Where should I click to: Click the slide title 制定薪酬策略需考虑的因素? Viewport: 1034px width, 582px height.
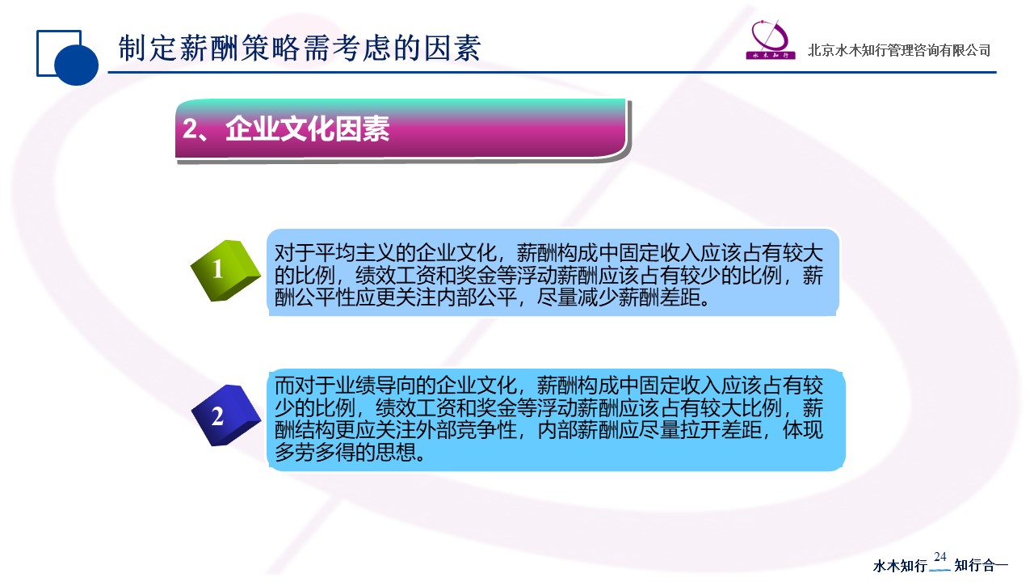[x=300, y=48]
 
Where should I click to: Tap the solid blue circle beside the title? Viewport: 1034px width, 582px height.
[x=76, y=64]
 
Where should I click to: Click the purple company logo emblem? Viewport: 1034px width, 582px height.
[x=771, y=40]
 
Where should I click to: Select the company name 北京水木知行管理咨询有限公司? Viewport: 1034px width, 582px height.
[x=899, y=50]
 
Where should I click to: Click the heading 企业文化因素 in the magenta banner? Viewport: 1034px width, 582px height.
[x=308, y=129]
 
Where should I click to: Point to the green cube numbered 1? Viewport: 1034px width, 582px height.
[x=225, y=271]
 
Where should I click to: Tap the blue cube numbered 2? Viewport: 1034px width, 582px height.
[x=226, y=415]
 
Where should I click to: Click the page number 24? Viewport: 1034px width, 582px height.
[x=939, y=557]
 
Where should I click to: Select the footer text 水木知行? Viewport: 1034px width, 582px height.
[x=900, y=566]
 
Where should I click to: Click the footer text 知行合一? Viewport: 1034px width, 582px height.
[x=981, y=565]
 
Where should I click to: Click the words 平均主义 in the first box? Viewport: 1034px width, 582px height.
[x=355, y=253]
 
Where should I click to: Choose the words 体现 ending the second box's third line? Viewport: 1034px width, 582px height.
[x=803, y=429]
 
